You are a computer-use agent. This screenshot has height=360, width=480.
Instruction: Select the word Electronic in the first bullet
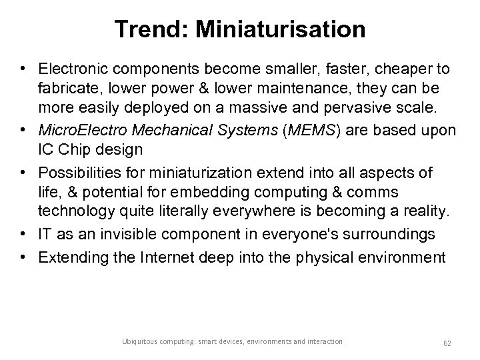(73, 69)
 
